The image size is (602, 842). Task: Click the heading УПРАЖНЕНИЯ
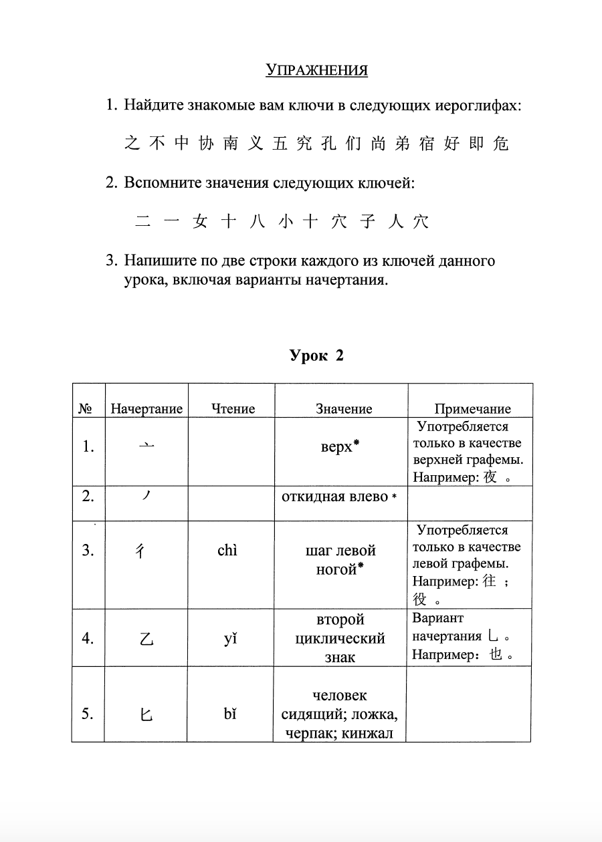point(316,70)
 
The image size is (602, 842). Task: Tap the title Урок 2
point(316,356)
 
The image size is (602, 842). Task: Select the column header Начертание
point(146,409)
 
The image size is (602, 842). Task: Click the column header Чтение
point(233,409)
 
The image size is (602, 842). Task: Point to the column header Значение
point(344,409)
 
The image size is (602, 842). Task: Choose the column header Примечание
point(472,409)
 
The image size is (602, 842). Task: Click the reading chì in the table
point(227,551)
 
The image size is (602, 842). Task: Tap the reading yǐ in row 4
point(230,638)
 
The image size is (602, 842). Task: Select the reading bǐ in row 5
point(230,714)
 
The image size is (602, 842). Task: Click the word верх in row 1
point(336,447)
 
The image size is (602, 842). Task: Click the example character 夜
point(490,478)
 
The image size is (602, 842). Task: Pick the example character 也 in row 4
point(496,655)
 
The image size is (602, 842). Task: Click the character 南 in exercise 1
point(231,143)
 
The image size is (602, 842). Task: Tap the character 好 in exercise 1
point(451,143)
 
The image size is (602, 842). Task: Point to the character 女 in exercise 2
point(199,223)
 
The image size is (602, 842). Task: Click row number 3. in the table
point(88,551)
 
